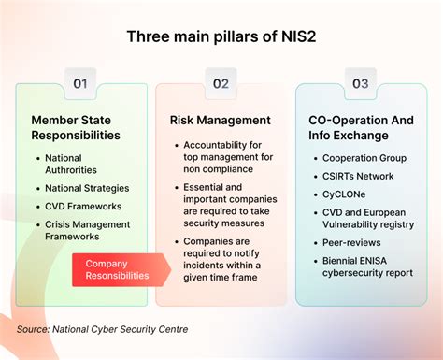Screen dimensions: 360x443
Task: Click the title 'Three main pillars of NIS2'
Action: click(x=221, y=38)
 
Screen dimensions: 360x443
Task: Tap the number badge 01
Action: click(x=80, y=83)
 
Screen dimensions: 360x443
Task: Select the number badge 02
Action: click(x=221, y=83)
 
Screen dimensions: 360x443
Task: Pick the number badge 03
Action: click(x=361, y=83)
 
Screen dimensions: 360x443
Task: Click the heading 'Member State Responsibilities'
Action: click(x=77, y=127)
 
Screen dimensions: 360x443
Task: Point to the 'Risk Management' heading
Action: click(x=221, y=120)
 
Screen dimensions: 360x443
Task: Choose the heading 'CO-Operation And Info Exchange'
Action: click(x=361, y=127)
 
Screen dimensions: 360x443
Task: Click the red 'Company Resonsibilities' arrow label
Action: click(x=118, y=269)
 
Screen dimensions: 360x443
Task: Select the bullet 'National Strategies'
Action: click(x=87, y=188)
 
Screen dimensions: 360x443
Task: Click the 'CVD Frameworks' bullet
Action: click(x=83, y=206)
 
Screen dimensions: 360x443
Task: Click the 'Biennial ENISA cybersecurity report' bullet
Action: click(x=367, y=266)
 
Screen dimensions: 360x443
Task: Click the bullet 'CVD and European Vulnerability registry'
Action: click(x=367, y=218)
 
